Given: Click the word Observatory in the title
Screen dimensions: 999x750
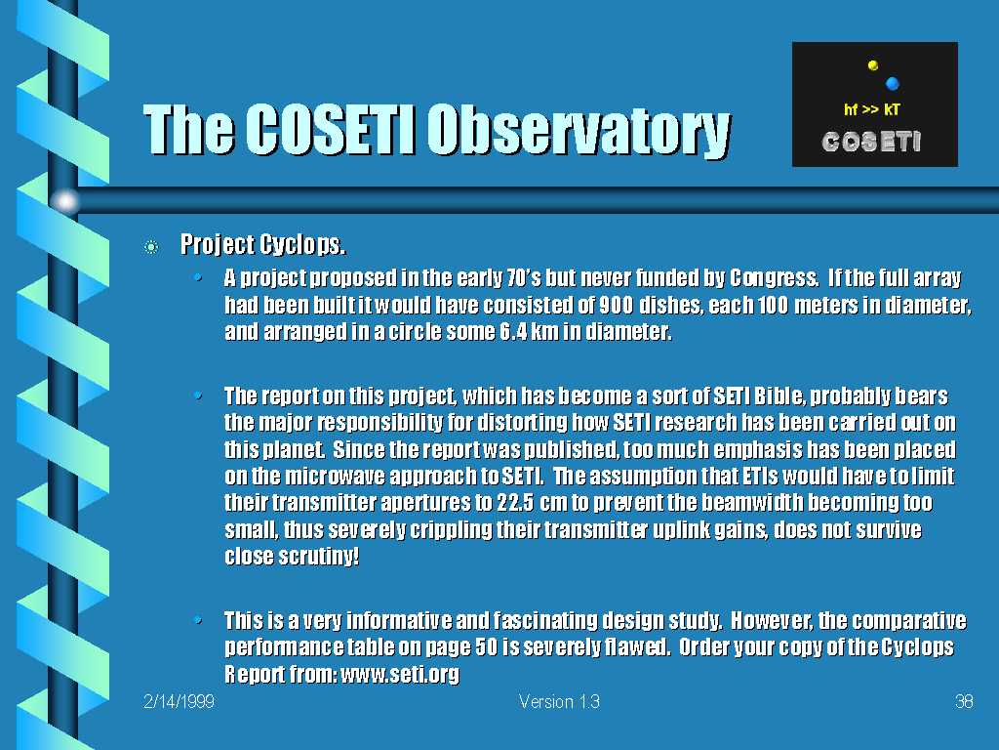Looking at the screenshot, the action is coord(579,130).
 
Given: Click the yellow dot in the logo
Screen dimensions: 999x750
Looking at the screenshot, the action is coord(873,65).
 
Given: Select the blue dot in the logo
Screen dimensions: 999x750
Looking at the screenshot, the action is coord(892,83).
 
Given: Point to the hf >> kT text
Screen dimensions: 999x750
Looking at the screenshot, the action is coord(872,109).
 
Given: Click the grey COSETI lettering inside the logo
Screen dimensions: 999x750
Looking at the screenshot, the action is coord(871,142).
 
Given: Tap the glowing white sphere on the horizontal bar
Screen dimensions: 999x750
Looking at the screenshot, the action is coord(65,201).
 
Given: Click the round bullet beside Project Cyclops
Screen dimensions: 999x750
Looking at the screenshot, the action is coord(151,247).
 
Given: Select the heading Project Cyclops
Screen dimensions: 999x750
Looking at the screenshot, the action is coord(263,244).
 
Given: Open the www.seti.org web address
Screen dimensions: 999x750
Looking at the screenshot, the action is coord(399,674).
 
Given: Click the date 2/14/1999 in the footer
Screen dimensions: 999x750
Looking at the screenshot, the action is coord(179,701).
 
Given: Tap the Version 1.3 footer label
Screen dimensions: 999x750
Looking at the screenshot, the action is coord(559,701).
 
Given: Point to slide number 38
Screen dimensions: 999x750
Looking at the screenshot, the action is coord(964,701).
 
